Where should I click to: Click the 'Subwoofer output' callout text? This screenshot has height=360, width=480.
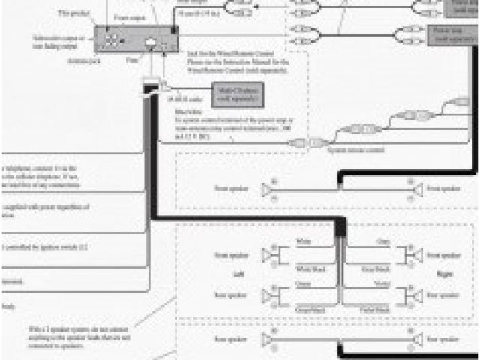61,40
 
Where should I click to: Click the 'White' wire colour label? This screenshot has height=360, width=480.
303,241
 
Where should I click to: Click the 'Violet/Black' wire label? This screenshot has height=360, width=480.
372,308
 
